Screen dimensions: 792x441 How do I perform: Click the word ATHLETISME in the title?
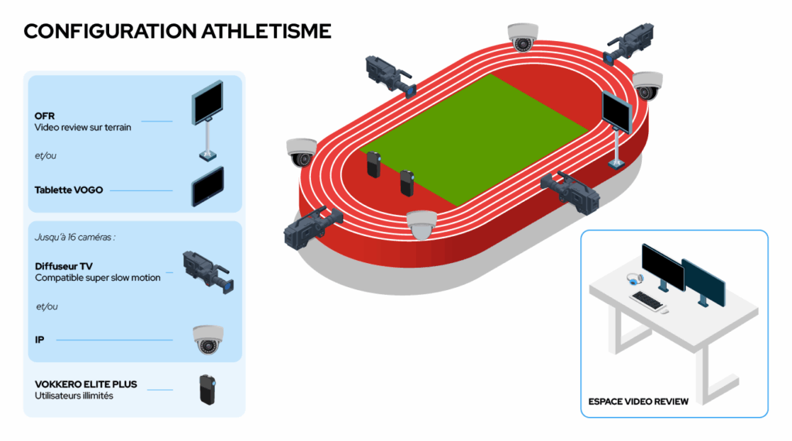(266, 31)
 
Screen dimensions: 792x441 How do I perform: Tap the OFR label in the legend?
(44, 116)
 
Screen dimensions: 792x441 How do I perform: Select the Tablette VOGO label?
(69, 190)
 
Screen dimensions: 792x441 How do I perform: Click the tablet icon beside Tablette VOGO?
(207, 186)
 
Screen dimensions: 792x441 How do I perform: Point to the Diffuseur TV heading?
(63, 266)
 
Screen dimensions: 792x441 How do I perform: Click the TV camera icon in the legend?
(208, 272)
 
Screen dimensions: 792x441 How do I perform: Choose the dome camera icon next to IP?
(208, 339)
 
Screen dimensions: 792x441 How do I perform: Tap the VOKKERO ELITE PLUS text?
(86, 385)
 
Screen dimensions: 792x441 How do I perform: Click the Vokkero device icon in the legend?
(207, 389)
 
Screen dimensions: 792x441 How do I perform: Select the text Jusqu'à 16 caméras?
(75, 237)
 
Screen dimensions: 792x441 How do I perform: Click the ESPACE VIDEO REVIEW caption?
(638, 402)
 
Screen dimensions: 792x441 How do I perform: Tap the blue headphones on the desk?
(634, 279)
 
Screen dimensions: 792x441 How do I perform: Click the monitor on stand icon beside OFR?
(207, 120)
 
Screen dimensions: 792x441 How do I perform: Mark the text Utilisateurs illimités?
(73, 395)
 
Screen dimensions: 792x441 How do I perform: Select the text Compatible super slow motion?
(97, 278)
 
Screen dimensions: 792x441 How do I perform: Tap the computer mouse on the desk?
(664, 311)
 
